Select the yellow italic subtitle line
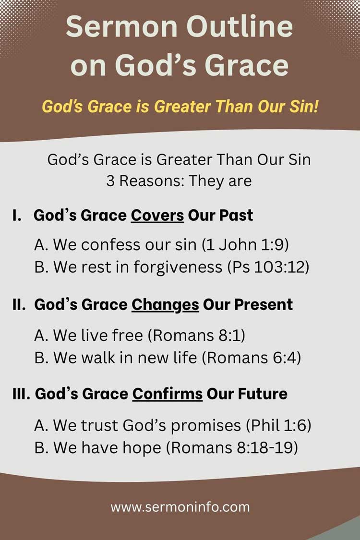180,106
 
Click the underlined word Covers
157,215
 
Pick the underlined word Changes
165,304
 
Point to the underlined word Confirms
168,394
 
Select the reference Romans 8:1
196,335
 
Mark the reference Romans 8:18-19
234,447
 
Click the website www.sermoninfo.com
180,506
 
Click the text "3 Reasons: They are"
179,182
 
